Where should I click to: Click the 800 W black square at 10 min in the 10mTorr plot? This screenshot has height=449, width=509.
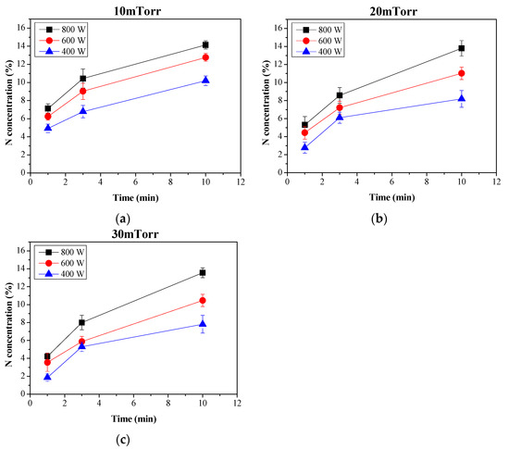205,44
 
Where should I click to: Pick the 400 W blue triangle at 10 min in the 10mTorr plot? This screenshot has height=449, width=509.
205,81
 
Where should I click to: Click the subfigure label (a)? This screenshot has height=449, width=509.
124,218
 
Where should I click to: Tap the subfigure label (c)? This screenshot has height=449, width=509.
124,440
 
